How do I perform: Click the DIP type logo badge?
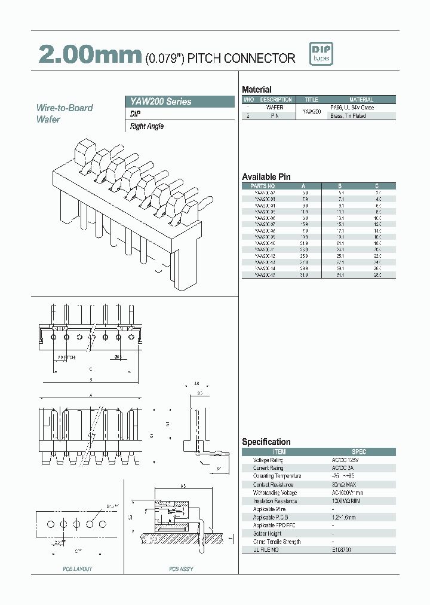pos(321,54)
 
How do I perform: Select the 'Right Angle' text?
pos(147,127)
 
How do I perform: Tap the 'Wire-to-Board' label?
pos(64,108)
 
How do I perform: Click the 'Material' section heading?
pos(256,89)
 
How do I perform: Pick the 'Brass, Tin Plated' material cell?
pos(348,116)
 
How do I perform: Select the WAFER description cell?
pos(276,108)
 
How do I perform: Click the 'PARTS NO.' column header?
pos(265,186)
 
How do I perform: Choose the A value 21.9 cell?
pos(305,243)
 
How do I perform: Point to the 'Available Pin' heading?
pos(266,176)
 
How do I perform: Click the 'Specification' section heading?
pos(266,442)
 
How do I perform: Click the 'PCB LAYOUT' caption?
pos(78,569)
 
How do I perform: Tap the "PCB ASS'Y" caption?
pos(181,569)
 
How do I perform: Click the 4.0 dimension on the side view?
pos(197,384)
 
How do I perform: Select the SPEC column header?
pos(359,452)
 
